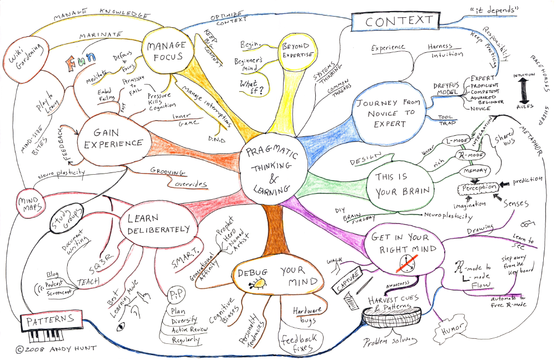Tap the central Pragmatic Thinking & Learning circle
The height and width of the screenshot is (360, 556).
[268, 166]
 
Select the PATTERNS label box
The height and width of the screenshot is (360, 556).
[48, 319]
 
